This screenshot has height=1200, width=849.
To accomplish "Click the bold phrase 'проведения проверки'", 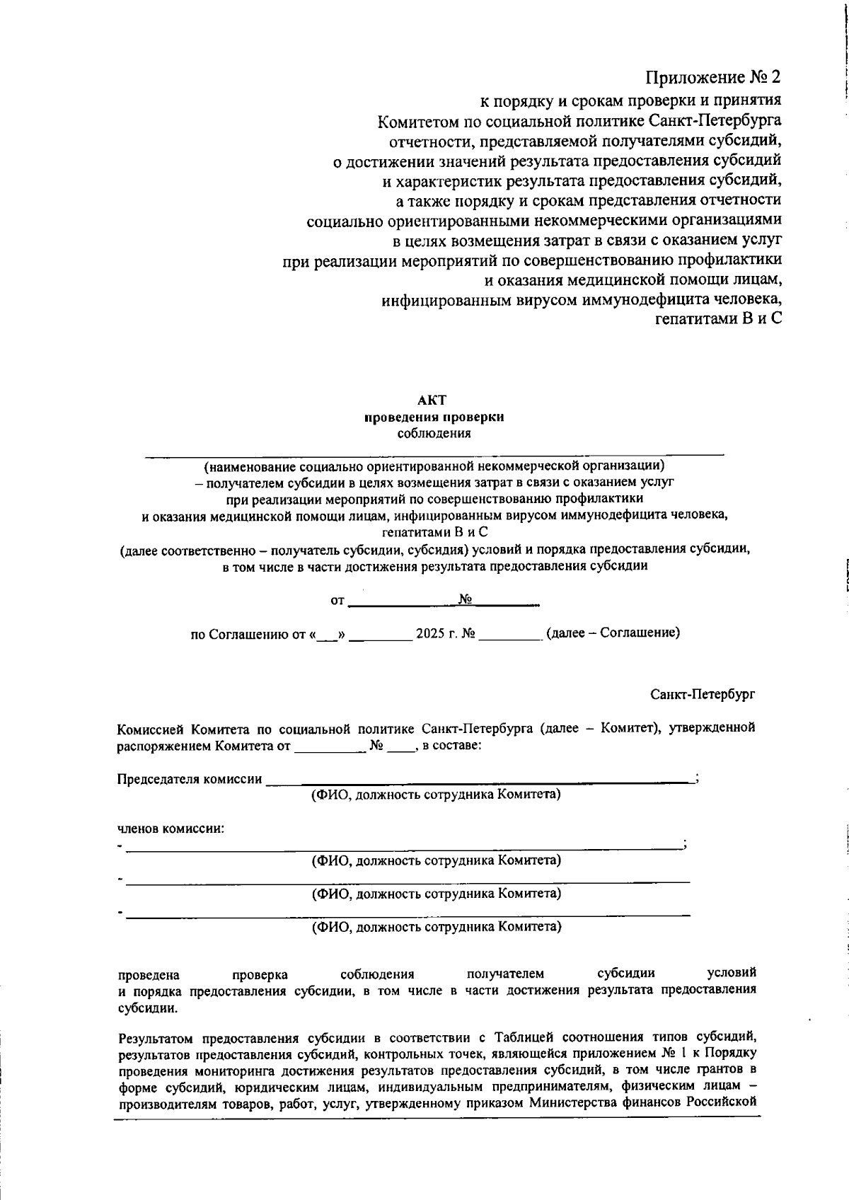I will pyautogui.click(x=434, y=417).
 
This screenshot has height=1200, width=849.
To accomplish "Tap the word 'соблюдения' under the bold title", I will pyautogui.click(x=434, y=433).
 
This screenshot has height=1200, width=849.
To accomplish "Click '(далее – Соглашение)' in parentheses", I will pyautogui.click(x=613, y=633).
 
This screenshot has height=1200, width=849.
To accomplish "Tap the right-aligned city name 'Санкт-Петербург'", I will pyautogui.click(x=703, y=694).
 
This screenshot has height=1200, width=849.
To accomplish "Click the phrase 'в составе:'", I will pyautogui.click(x=452, y=745).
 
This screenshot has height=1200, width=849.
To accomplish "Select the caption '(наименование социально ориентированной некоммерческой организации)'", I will pyautogui.click(x=434, y=466).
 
